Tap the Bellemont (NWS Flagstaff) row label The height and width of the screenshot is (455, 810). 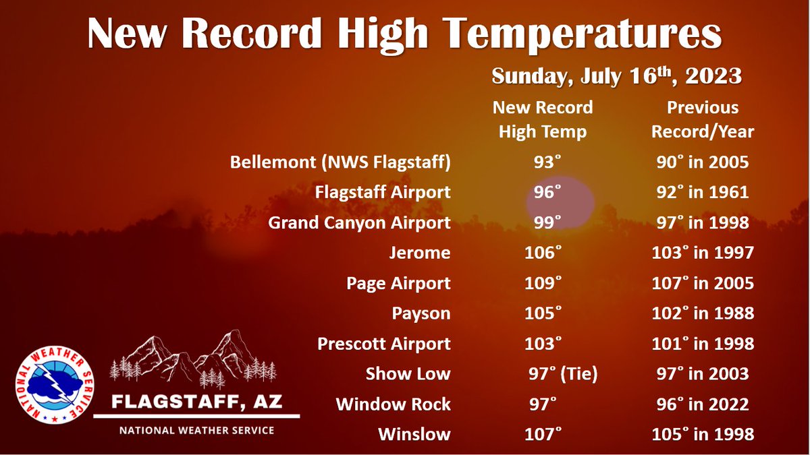pyautogui.click(x=340, y=162)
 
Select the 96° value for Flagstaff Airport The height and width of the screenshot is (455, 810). pyautogui.click(x=543, y=193)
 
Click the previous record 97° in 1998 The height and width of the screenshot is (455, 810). pyautogui.click(x=702, y=223)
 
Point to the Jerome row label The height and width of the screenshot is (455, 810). pyautogui.click(x=419, y=253)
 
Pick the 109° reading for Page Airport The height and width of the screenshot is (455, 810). pyautogui.click(x=543, y=283)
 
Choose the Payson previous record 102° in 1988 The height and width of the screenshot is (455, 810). pyautogui.click(x=702, y=313)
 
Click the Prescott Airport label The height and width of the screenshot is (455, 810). pyautogui.click(x=383, y=344)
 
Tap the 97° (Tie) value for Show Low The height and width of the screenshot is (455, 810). pyautogui.click(x=563, y=374)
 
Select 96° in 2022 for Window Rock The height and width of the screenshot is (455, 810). pyautogui.click(x=702, y=404)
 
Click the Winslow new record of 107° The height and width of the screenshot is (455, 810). pyautogui.click(x=543, y=434)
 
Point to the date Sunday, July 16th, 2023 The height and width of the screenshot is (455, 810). pyautogui.click(x=616, y=76)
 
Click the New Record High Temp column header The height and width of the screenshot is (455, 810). pyautogui.click(x=543, y=119)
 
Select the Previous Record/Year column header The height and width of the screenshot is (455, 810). pyautogui.click(x=702, y=119)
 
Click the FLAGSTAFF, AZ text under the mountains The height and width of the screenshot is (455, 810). pyautogui.click(x=196, y=403)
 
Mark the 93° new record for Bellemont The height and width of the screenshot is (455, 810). pyautogui.click(x=543, y=162)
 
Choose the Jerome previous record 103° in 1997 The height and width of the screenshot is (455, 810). pyautogui.click(x=702, y=253)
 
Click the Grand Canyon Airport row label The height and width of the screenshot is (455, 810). pyautogui.click(x=359, y=223)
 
